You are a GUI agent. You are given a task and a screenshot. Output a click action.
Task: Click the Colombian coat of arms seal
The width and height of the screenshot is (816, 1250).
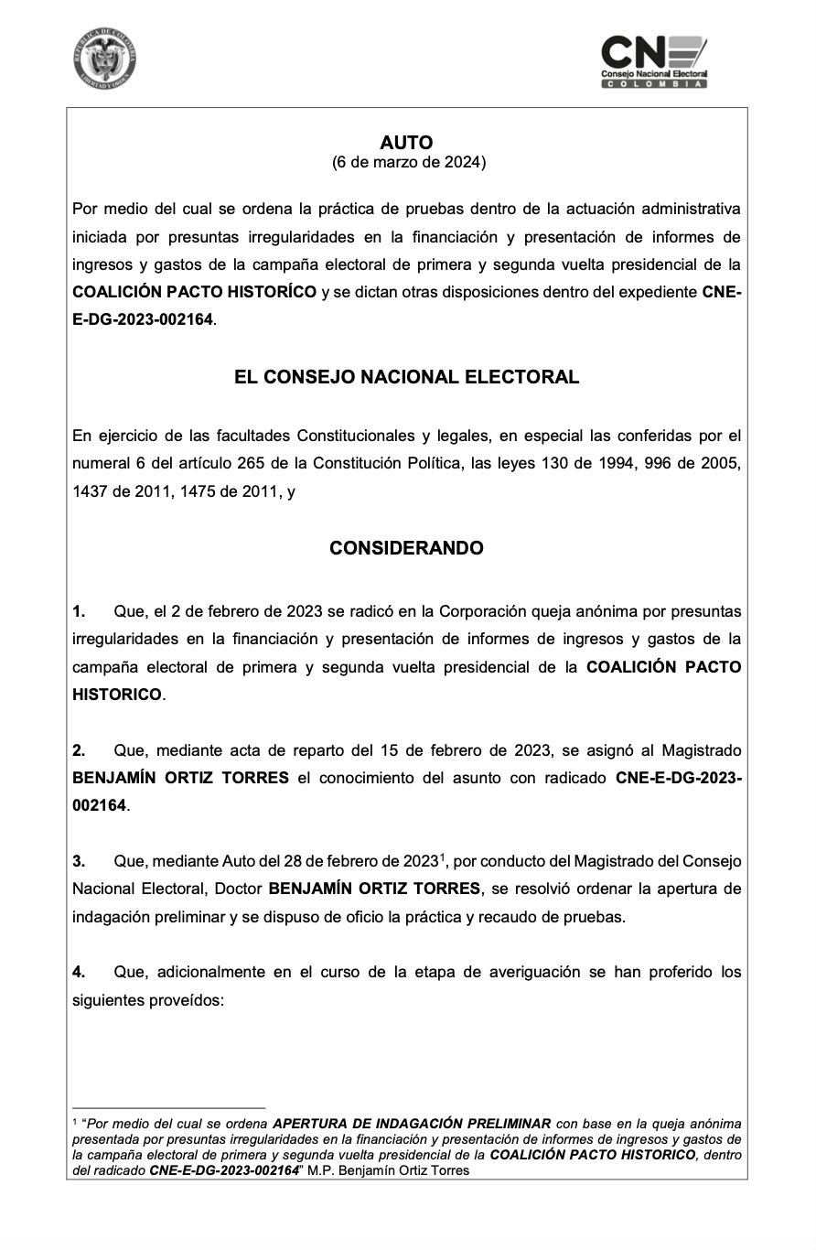point(105,59)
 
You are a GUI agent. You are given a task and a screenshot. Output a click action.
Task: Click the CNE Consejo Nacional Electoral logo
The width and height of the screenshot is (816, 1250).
point(654,61)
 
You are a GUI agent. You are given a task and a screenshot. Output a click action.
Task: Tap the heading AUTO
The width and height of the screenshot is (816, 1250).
point(406,143)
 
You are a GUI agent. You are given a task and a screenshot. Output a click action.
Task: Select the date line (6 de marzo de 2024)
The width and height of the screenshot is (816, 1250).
point(408,163)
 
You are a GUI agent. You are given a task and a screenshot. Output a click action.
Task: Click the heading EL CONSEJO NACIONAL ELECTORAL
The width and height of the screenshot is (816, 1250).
point(406,377)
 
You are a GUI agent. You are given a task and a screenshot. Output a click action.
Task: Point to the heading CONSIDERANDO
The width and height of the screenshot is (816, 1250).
point(406,548)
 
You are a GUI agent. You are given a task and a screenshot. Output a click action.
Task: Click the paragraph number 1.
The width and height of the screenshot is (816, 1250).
point(79,611)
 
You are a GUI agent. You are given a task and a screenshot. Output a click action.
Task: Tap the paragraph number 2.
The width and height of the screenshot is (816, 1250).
point(79,750)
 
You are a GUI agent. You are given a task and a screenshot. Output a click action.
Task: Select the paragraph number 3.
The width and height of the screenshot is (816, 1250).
point(79,861)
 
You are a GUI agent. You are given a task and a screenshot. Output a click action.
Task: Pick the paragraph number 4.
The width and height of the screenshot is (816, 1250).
point(79,972)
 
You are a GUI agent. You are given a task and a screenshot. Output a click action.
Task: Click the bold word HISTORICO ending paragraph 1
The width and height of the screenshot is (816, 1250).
point(117,695)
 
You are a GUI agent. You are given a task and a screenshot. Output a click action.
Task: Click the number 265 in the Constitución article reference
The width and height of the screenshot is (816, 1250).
point(252,464)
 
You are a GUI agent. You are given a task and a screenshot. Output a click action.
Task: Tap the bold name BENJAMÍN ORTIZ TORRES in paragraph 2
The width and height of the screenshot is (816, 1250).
point(180,778)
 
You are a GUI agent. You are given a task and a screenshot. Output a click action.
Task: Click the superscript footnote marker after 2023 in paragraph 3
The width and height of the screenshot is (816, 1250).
point(442,857)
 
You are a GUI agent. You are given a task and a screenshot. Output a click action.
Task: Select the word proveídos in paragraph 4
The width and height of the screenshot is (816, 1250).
point(186,1000)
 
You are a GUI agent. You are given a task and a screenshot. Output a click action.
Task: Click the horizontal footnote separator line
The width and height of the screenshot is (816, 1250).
point(168,1108)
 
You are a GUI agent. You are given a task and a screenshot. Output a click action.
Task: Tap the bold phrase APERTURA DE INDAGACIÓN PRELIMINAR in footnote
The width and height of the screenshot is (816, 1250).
point(412,1123)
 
